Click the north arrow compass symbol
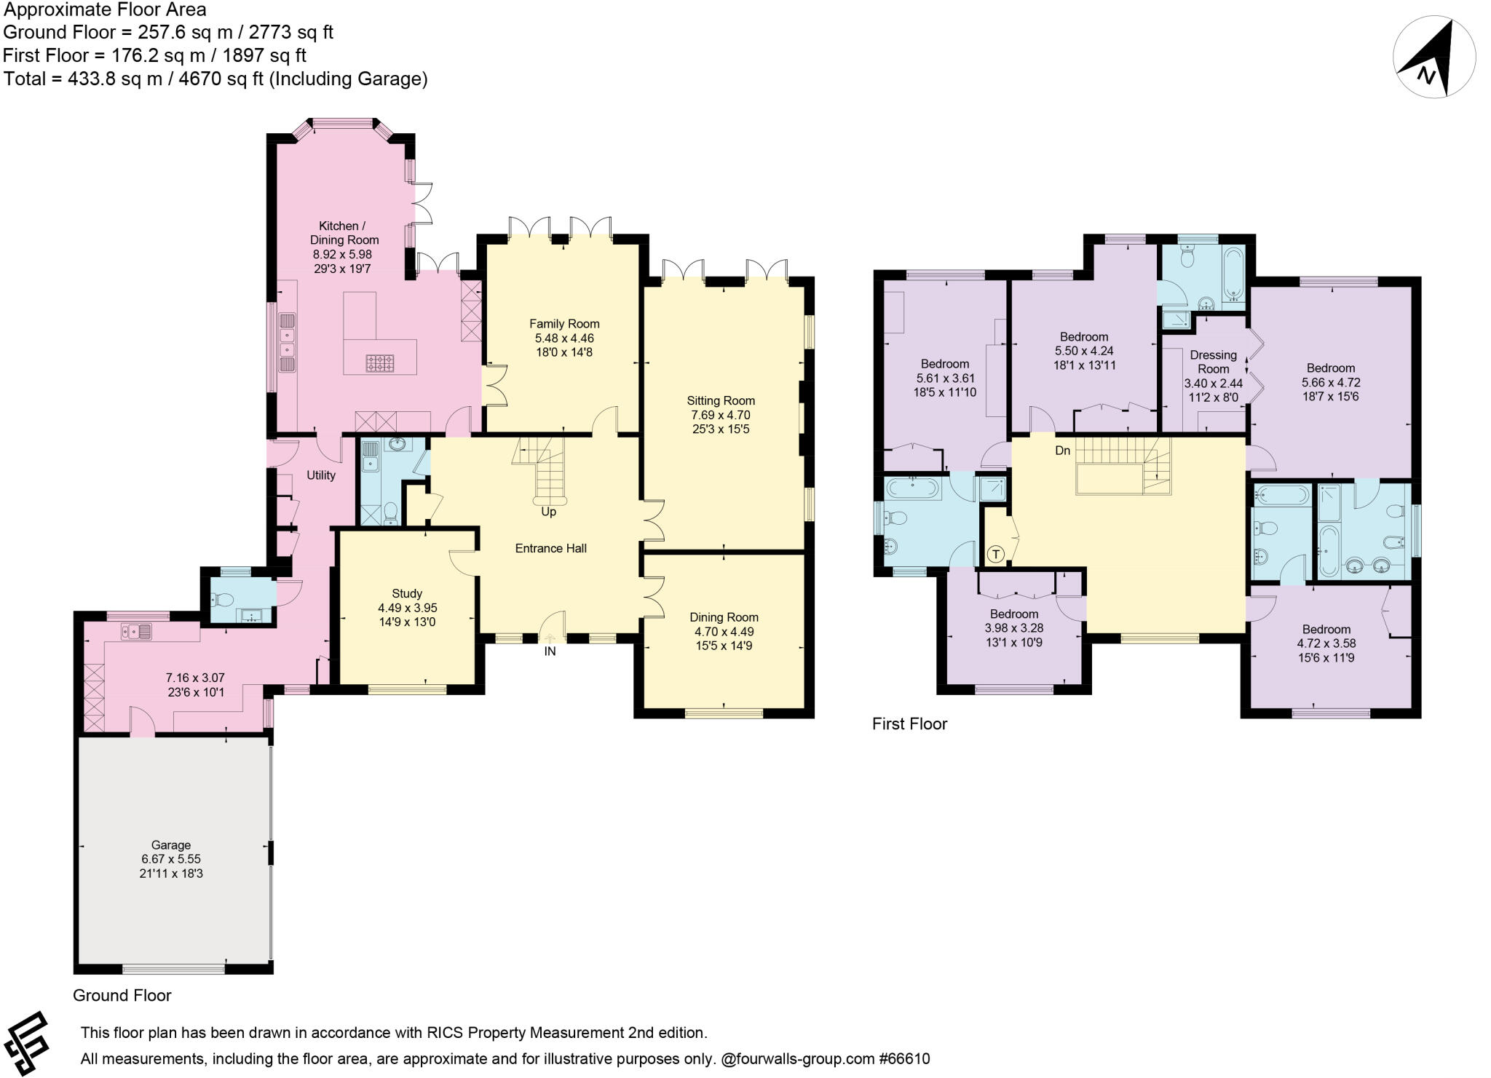(1433, 57)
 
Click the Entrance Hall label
(550, 548)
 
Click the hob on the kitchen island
(379, 362)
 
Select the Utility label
(321, 475)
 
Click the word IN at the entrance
(550, 651)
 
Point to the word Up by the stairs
(548, 512)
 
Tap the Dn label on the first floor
(1063, 451)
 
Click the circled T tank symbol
(996, 555)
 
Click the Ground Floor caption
(122, 995)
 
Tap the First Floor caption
(909, 724)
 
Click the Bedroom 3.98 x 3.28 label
(1013, 628)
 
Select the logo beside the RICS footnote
(26, 1044)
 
